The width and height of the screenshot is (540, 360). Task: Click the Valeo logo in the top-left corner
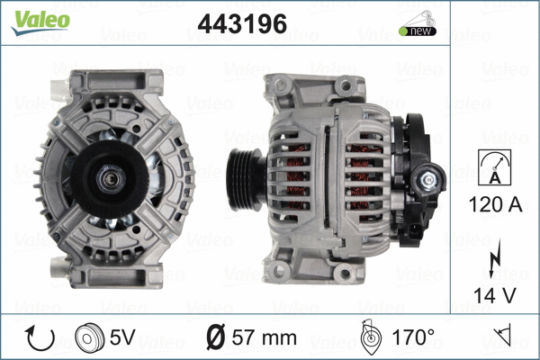39,21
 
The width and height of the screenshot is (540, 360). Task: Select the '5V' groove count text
123,338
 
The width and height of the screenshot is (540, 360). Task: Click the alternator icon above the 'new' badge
416,17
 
